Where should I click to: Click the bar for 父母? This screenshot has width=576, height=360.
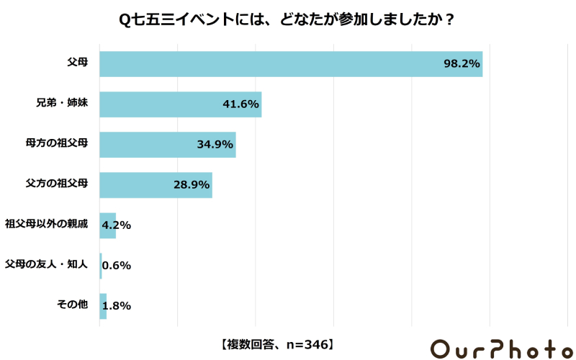point(288,64)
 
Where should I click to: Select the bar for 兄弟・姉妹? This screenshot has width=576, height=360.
point(180,104)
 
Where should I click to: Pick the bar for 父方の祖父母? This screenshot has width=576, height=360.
point(155,185)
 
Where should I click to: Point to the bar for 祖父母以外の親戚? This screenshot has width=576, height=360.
point(107,225)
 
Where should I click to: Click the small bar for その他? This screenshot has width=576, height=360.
point(103,306)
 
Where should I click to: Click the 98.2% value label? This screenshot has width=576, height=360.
point(462,64)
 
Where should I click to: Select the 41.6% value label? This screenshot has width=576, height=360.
point(240,104)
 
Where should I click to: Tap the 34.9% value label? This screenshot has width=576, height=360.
point(215,145)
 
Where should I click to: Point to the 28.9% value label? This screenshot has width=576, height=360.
point(192,185)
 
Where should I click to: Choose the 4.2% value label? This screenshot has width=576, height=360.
point(117,225)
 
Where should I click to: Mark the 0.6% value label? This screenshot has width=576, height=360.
point(117,266)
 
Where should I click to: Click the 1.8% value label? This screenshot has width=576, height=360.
point(117,306)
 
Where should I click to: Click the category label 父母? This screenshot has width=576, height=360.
point(77,63)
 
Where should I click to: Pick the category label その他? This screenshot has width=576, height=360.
point(72,305)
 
